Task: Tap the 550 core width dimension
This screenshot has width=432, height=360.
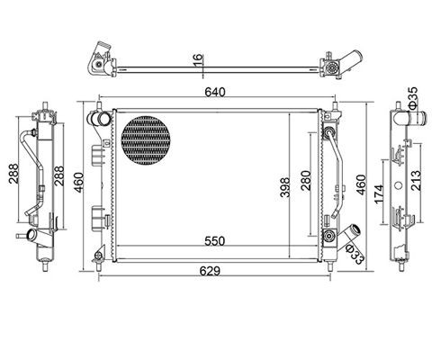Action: click(212, 242)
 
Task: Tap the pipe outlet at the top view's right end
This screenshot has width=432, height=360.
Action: click(354, 62)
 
